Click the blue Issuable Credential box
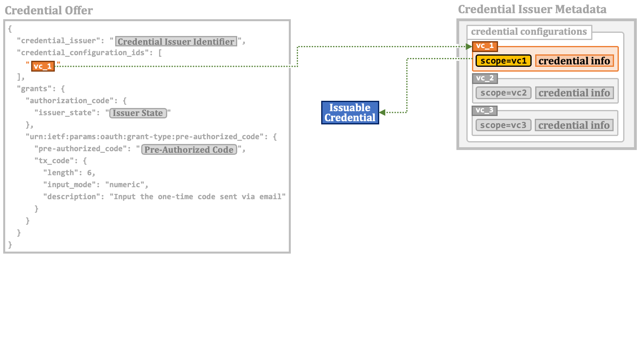click(x=350, y=112)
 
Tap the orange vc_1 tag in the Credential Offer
click(x=43, y=66)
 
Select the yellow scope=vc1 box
click(x=504, y=61)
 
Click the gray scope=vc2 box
click(x=504, y=93)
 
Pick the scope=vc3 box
click(x=503, y=125)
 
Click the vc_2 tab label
click(x=485, y=78)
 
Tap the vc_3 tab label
click(x=484, y=110)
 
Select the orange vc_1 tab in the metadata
click(x=485, y=46)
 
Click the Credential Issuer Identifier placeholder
click(x=176, y=42)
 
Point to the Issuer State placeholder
click(x=138, y=113)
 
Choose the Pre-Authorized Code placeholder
click(x=189, y=150)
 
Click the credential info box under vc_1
click(x=574, y=61)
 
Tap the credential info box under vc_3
click(x=574, y=125)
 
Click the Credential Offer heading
click(x=49, y=10)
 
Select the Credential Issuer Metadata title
click(x=532, y=10)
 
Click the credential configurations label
click(x=529, y=32)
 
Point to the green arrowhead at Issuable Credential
click(x=382, y=112)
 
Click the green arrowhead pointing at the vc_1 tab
click(x=469, y=46)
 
